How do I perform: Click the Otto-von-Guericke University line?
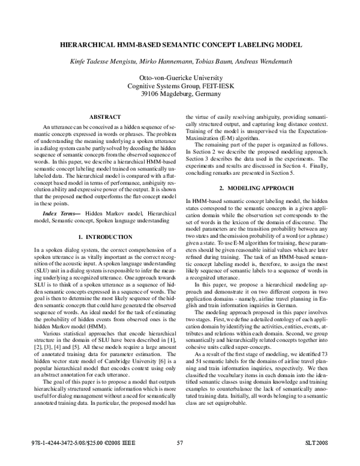pyautogui.click(x=180, y=78)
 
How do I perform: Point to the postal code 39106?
pyautogui.click(x=149, y=94)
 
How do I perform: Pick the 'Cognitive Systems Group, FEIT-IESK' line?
pyautogui.click(x=180, y=86)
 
